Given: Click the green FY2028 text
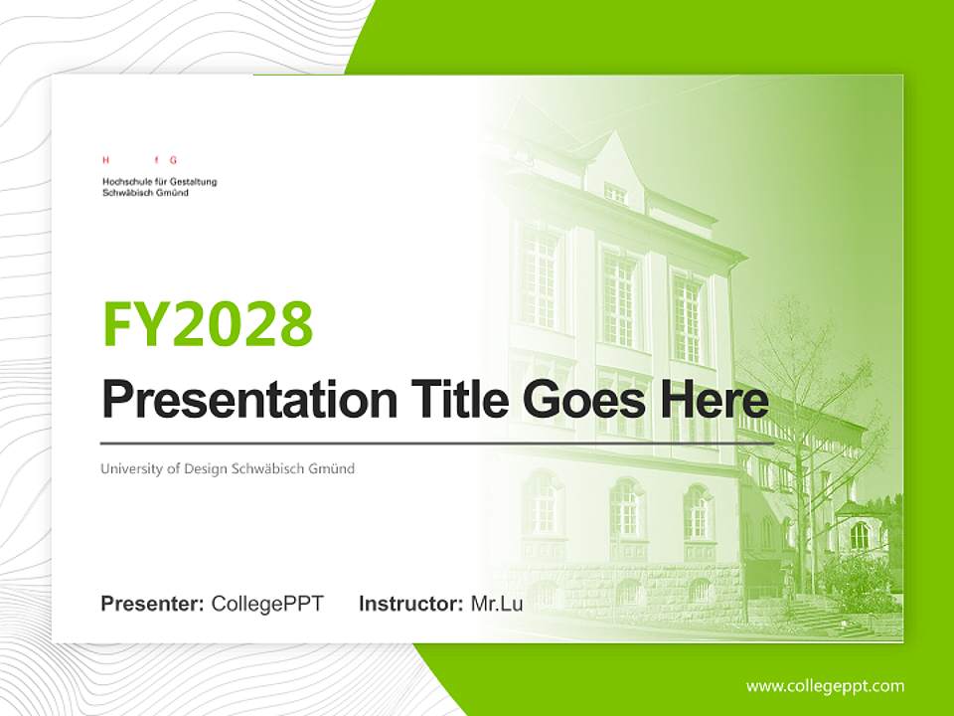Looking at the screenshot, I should (x=208, y=323).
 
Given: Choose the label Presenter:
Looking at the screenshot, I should (x=153, y=604).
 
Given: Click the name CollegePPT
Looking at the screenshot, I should (x=267, y=604).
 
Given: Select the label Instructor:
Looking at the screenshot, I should (x=410, y=604).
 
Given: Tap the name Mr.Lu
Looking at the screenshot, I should (x=497, y=604).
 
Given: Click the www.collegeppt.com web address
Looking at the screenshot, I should (x=825, y=686).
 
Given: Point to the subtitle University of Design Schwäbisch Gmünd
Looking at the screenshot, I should (x=228, y=468).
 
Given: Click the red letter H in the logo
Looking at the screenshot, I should (x=105, y=159).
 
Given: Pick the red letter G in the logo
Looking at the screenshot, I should (x=173, y=159).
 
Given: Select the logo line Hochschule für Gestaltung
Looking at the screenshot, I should (x=159, y=182).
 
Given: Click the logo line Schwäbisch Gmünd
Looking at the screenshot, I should (x=145, y=193).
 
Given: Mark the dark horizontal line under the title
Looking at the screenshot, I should (x=437, y=443).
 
